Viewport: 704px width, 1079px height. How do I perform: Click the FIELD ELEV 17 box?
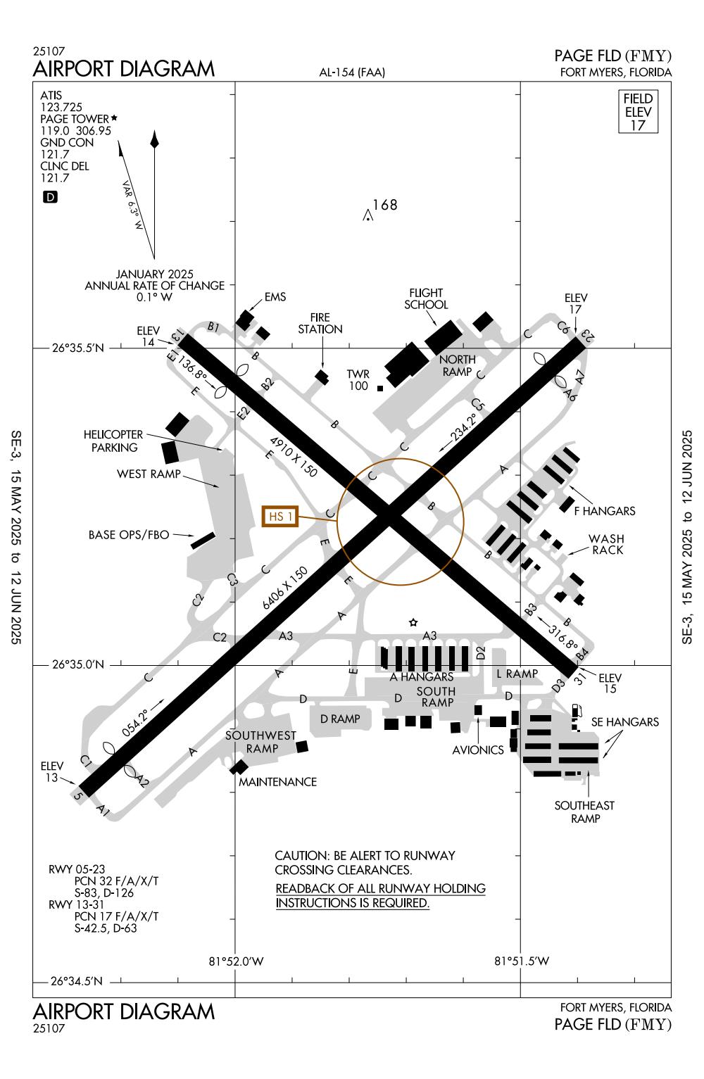[x=638, y=112]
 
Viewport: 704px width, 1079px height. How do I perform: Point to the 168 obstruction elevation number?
[x=385, y=205]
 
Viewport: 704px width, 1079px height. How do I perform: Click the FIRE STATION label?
[x=320, y=324]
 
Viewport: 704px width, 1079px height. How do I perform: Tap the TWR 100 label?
[x=358, y=380]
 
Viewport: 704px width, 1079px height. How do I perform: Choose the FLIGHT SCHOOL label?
[x=426, y=299]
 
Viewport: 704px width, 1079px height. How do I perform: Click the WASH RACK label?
[x=606, y=544]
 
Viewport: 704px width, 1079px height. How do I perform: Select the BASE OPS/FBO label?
[x=129, y=535]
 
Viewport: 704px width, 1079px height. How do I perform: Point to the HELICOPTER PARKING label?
[x=113, y=441]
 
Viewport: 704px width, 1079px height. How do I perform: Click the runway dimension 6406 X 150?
[x=285, y=589]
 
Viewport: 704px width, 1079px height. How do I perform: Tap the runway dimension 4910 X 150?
[x=294, y=458]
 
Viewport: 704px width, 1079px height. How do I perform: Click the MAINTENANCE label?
[x=277, y=781]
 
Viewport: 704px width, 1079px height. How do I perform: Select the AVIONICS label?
[x=478, y=750]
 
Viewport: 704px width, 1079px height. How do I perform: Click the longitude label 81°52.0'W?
[x=236, y=961]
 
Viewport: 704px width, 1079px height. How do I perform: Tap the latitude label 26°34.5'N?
[x=78, y=981]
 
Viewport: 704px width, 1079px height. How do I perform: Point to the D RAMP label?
[x=340, y=719]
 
